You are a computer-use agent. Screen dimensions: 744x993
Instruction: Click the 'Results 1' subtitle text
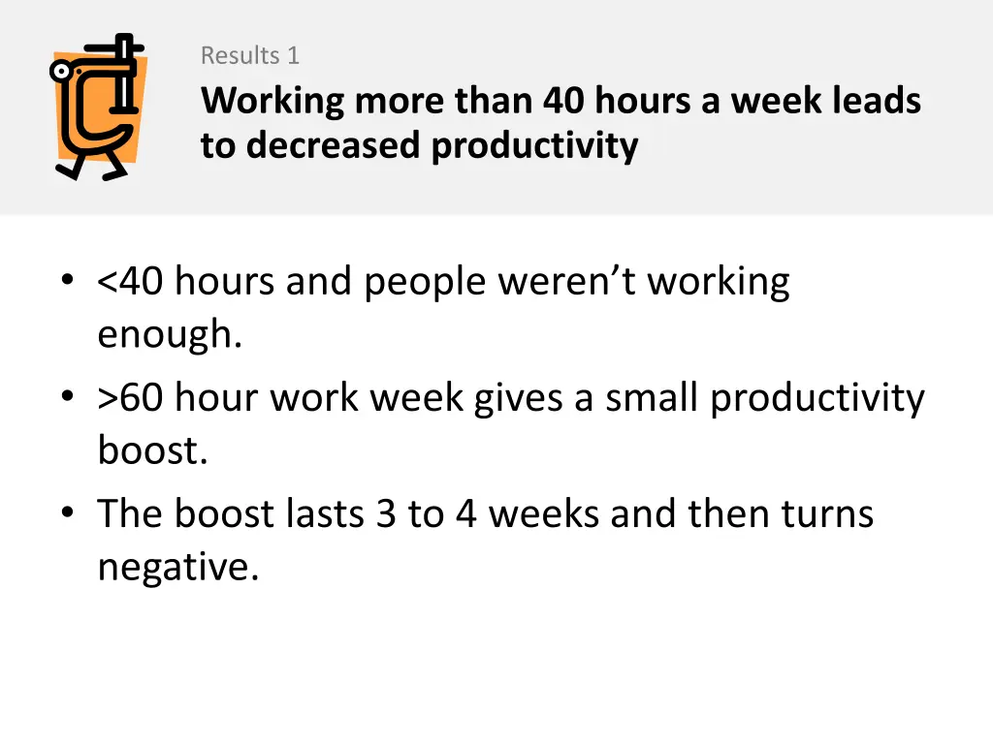click(249, 56)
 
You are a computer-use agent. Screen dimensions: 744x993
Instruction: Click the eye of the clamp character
click(64, 71)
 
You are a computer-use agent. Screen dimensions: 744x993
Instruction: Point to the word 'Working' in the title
click(272, 101)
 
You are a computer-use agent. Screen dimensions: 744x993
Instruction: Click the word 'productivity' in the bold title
click(535, 145)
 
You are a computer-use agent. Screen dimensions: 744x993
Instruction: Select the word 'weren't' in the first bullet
click(569, 282)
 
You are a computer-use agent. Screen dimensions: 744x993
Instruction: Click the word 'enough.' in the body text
click(169, 336)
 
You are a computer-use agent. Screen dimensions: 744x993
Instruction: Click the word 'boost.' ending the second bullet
click(152, 451)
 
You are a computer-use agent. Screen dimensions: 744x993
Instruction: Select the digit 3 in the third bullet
click(386, 513)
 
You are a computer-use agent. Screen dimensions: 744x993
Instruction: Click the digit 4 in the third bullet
click(466, 513)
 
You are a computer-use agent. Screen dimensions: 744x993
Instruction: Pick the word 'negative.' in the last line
click(178, 568)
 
